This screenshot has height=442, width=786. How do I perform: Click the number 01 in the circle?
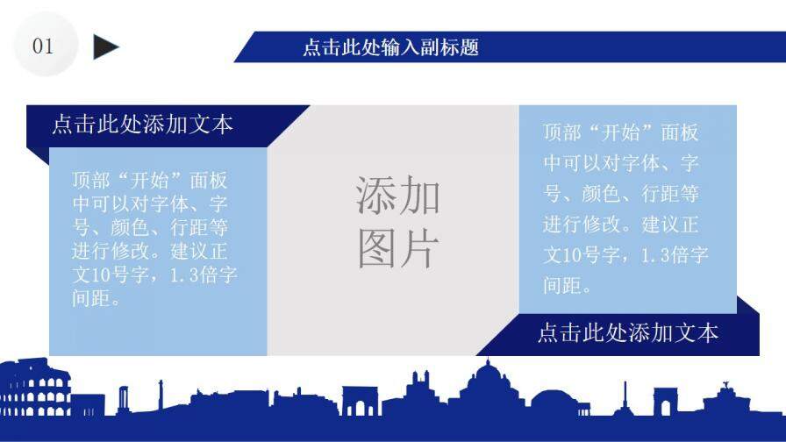[x=43, y=46]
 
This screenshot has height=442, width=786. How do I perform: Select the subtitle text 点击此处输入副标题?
[x=390, y=47]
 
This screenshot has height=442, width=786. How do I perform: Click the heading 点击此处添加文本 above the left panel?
[x=142, y=124]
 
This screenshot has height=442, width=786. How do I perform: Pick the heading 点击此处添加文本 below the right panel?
[x=627, y=332]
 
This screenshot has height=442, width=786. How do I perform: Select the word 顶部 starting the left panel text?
[x=91, y=181]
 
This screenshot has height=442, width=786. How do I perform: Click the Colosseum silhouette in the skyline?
[x=34, y=390]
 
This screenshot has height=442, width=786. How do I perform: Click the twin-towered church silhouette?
[x=418, y=389]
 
